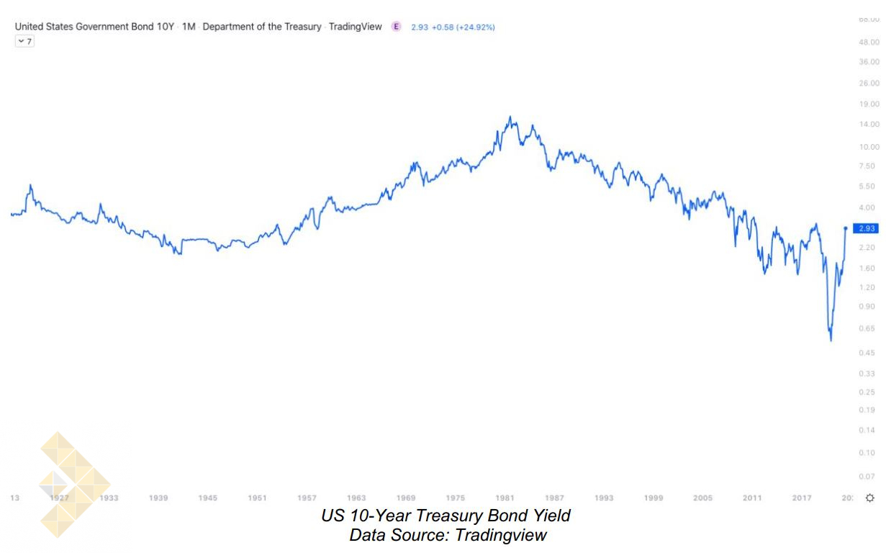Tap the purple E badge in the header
click(396, 27)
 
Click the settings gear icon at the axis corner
click(869, 498)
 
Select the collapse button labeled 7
click(24, 41)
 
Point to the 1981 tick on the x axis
click(505, 498)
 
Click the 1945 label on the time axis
click(208, 498)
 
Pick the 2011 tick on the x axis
click(752, 498)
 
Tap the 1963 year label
click(356, 498)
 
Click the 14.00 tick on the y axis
click(869, 125)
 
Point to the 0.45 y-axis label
click(869, 352)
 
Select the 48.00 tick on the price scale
click(869, 42)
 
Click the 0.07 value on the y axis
click(869, 477)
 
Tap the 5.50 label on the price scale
click(869, 186)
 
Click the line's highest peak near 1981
click(510, 117)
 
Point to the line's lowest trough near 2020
click(831, 340)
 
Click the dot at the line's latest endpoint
click(845, 228)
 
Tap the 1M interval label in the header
click(189, 27)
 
